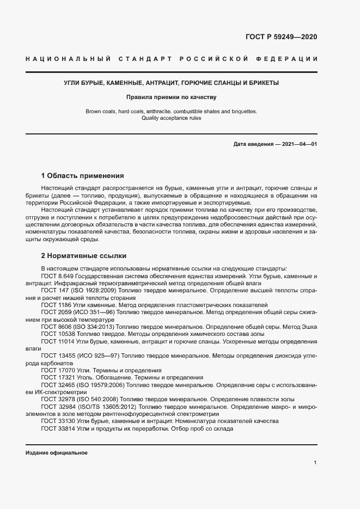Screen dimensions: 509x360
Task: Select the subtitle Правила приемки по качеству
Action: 171,98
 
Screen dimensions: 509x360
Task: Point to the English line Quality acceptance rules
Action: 171,118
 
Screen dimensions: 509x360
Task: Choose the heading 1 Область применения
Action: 83,176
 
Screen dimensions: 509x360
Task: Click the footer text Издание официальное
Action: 57,453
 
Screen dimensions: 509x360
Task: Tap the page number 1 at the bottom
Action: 315,463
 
